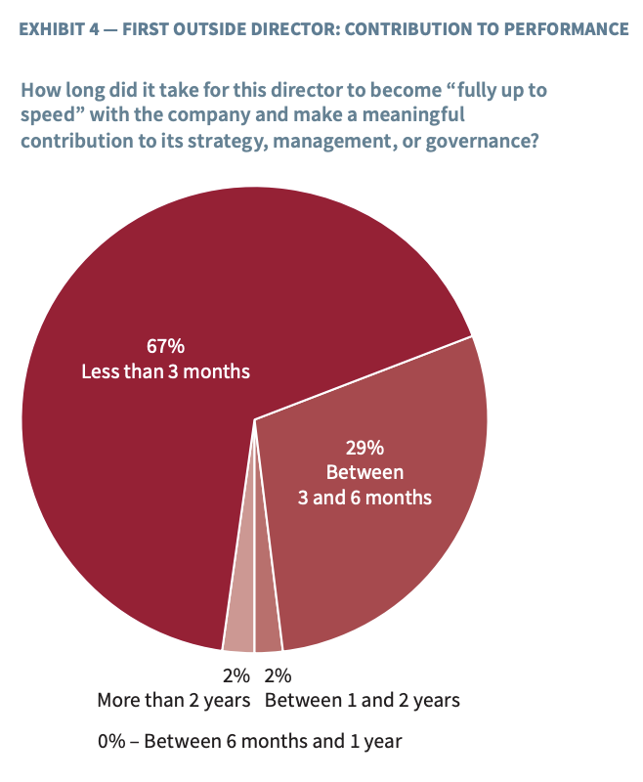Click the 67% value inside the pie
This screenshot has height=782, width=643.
pyautogui.click(x=166, y=346)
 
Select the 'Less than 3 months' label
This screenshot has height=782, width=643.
pyautogui.click(x=166, y=371)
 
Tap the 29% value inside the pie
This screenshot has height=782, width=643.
pyautogui.click(x=364, y=449)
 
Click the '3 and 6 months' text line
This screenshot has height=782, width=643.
pyautogui.click(x=364, y=498)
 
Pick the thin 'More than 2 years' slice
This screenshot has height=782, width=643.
pyautogui.click(x=239, y=630)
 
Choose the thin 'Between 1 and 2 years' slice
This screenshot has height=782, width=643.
pyautogui.click(x=267, y=631)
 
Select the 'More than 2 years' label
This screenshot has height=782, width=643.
pyautogui.click(x=174, y=700)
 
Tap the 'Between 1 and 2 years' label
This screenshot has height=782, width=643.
pyautogui.click(x=363, y=700)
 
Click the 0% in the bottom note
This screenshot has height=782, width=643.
pyautogui.click(x=111, y=741)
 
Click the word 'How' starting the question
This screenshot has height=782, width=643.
pyautogui.click(x=41, y=91)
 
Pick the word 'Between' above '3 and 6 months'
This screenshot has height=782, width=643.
pyautogui.click(x=364, y=473)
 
